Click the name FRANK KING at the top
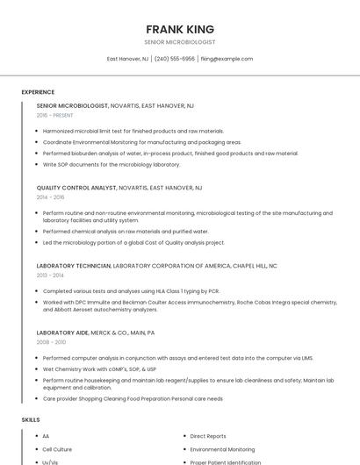point(180,29)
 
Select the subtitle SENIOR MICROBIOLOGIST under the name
point(180,42)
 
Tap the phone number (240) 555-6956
point(175,59)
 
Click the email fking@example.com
point(227,59)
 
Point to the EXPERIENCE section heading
point(38,92)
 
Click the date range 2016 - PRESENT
point(54,115)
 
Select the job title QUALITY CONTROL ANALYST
point(76,188)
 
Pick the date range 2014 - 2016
point(50,197)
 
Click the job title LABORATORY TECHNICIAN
point(74,265)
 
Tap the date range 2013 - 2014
point(50,275)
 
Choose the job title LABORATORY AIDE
point(64,333)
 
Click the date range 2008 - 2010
point(51,343)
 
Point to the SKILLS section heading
point(31,420)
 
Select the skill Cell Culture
point(57,449)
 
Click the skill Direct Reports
point(208,436)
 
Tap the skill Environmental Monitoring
point(222,449)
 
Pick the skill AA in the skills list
point(46,436)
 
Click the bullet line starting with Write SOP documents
point(112,164)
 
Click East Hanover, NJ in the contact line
point(127,59)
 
